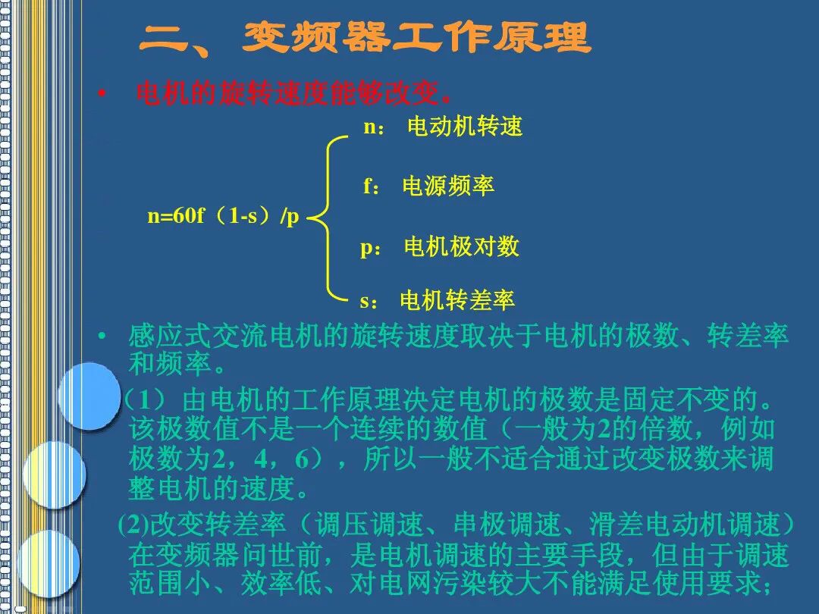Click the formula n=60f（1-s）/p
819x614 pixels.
tap(224, 217)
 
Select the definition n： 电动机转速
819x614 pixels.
tap(444, 127)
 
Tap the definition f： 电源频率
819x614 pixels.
tap(428, 186)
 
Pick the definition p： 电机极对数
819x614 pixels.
tap(439, 246)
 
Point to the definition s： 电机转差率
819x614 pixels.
tap(438, 301)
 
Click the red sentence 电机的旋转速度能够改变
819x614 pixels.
tap(293, 95)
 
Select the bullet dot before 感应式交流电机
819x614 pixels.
tap(102, 336)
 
